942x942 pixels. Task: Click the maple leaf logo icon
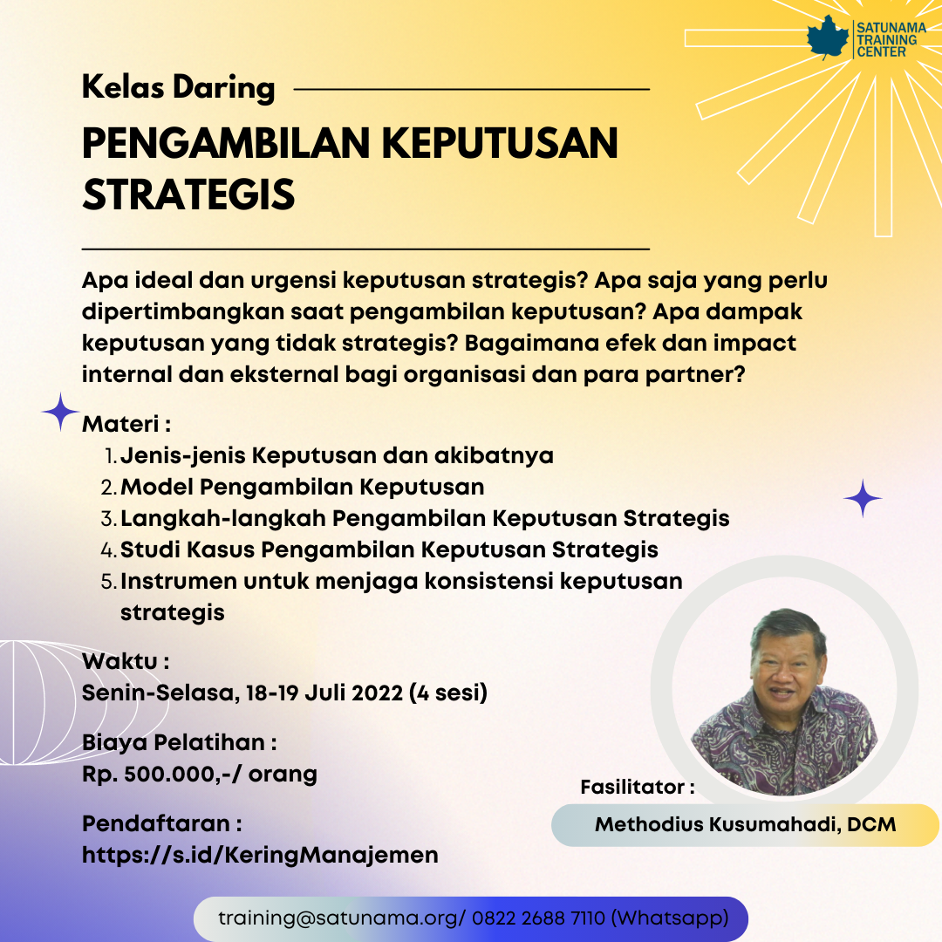pos(828,38)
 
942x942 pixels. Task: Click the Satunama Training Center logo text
pos(891,39)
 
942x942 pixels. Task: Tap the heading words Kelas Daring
pos(179,88)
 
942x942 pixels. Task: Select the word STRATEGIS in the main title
pos(188,194)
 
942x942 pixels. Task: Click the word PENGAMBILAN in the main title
pos(225,143)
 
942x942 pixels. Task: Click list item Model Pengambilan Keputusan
pos(302,487)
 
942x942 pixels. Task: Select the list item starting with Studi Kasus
pos(389,549)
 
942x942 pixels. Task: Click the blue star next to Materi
pos(60,412)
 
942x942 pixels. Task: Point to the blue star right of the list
pos(863,498)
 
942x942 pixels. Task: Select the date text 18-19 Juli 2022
pos(324,693)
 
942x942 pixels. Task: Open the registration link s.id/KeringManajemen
pos(260,855)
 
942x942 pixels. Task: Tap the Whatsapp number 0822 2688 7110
pos(538,918)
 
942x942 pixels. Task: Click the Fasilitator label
pos(638,787)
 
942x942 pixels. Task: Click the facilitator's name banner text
pos(745,824)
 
